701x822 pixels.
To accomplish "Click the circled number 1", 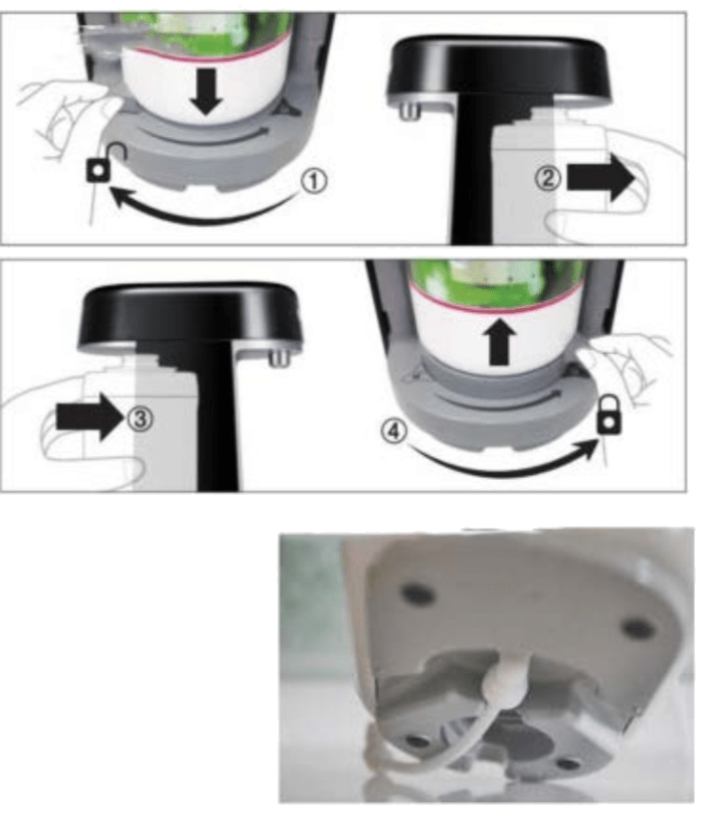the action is point(314,181).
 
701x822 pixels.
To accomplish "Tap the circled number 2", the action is point(548,179).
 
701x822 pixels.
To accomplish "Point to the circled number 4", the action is point(394,431).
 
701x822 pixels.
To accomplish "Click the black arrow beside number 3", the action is point(89,417).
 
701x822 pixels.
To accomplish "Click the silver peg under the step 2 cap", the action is point(408,109).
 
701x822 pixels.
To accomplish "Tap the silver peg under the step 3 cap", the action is point(280,358).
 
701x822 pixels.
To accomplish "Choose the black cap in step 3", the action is point(191,316).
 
